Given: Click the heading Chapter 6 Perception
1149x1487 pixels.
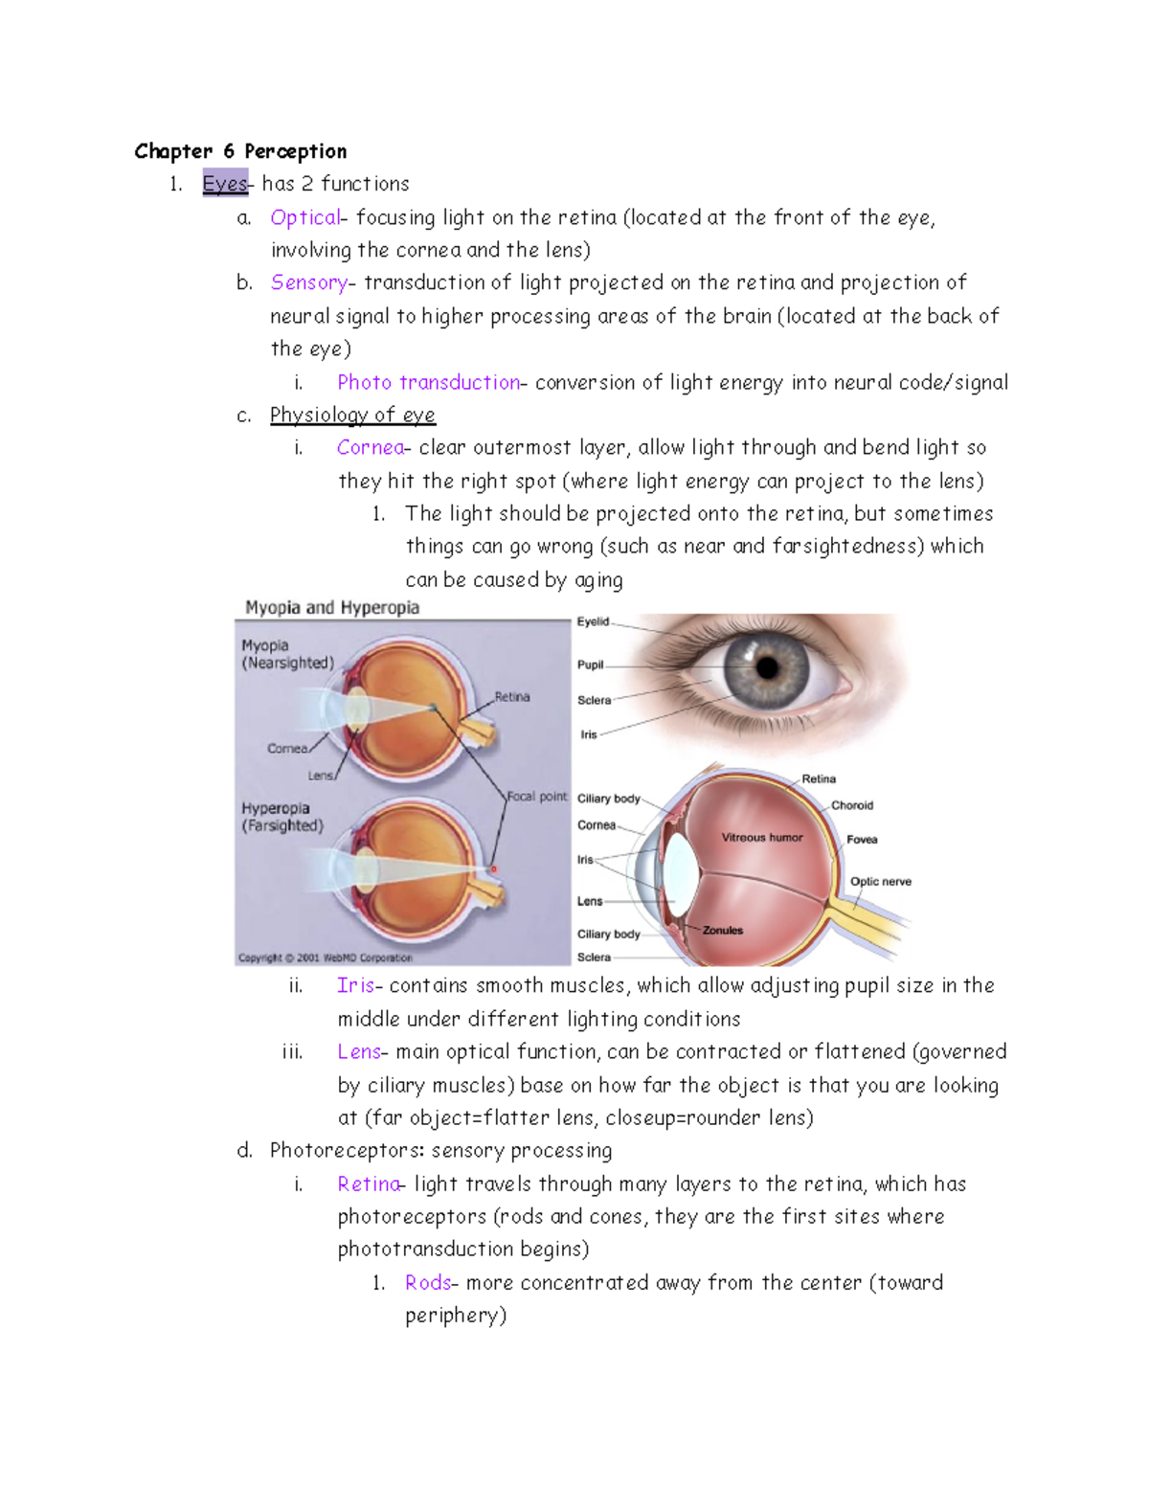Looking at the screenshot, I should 240,151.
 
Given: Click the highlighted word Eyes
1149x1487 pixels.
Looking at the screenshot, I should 225,183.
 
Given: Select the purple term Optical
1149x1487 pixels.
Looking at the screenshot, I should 304,217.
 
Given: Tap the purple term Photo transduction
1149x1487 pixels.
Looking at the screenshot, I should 428,382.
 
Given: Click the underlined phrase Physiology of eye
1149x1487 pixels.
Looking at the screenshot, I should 352,415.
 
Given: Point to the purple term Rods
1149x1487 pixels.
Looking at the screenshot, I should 427,1282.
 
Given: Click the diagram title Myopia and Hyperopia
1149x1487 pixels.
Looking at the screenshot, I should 332,607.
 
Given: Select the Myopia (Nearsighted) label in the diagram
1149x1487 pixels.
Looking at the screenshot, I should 287,654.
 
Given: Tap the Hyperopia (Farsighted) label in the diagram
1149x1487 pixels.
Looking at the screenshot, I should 282,817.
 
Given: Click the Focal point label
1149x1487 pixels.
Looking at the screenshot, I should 536,796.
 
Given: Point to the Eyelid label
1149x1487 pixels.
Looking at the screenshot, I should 593,621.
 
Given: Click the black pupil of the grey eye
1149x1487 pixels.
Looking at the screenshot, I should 768,666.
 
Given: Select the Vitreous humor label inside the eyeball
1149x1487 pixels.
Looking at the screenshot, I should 762,837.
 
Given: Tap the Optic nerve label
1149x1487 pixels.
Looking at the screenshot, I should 880,881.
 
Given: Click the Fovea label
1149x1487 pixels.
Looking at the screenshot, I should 862,839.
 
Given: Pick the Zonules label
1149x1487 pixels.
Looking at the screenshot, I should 722,930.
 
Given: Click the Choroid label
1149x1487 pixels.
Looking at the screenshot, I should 852,805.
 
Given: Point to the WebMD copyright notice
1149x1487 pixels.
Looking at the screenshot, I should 326,957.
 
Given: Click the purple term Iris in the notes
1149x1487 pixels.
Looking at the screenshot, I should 355,985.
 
